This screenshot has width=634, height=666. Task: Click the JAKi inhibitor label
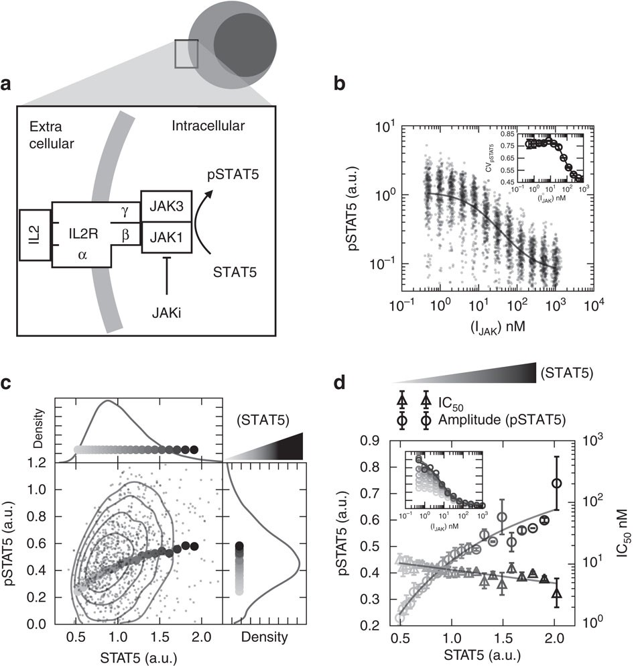[x=167, y=313]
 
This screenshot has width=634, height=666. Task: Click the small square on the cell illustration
[x=186, y=53]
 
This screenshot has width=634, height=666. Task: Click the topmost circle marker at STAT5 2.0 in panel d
[x=556, y=483]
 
